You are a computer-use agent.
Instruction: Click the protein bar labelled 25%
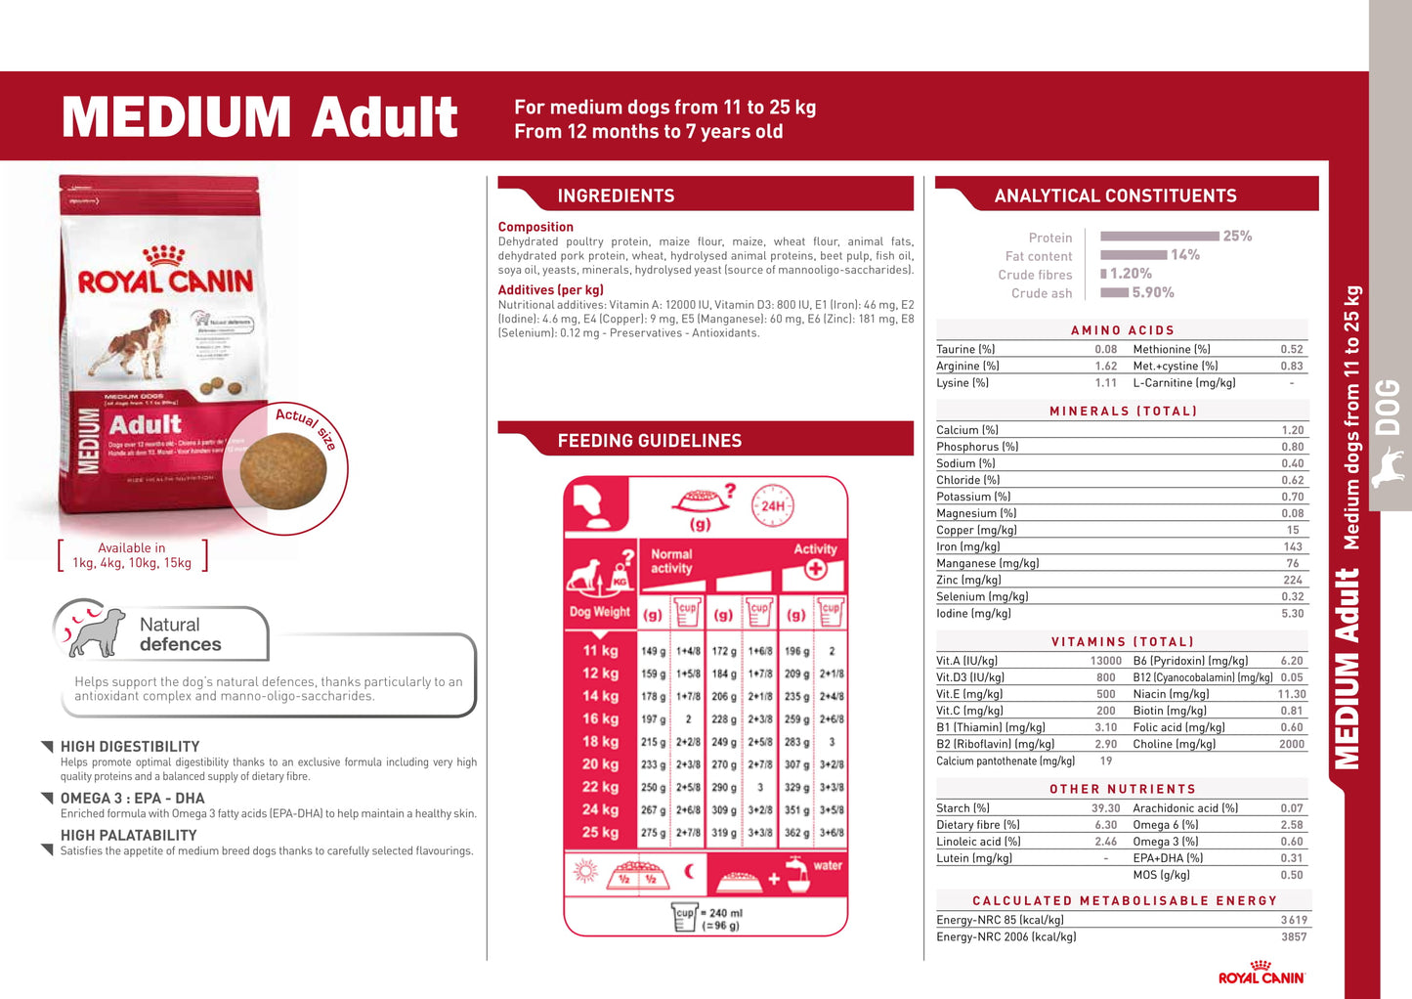point(1160,236)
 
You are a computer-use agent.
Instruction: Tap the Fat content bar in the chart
point(1133,255)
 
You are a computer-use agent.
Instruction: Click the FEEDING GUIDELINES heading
point(649,441)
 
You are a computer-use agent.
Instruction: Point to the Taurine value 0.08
point(1105,349)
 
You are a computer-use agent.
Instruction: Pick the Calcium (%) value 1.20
point(1292,430)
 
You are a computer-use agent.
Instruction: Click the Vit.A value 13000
point(1105,661)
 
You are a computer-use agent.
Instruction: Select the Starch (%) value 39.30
point(1105,808)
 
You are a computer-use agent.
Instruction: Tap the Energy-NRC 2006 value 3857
point(1293,936)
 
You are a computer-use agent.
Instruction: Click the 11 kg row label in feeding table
point(600,651)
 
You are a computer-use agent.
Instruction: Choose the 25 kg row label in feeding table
point(600,833)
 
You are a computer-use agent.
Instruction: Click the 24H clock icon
point(772,506)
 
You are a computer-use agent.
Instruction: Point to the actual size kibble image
point(283,472)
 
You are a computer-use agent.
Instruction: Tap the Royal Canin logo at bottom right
point(1261,973)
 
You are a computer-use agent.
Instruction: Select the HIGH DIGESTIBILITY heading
point(130,747)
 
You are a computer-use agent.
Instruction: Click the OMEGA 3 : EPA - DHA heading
point(133,799)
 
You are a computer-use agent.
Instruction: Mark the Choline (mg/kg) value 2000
point(1291,744)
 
